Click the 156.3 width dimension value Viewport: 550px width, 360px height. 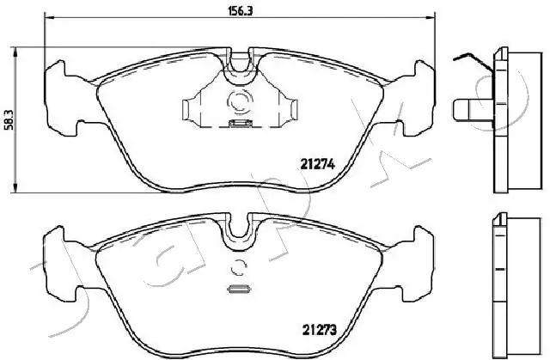point(232,12)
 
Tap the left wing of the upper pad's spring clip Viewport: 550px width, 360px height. point(194,108)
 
